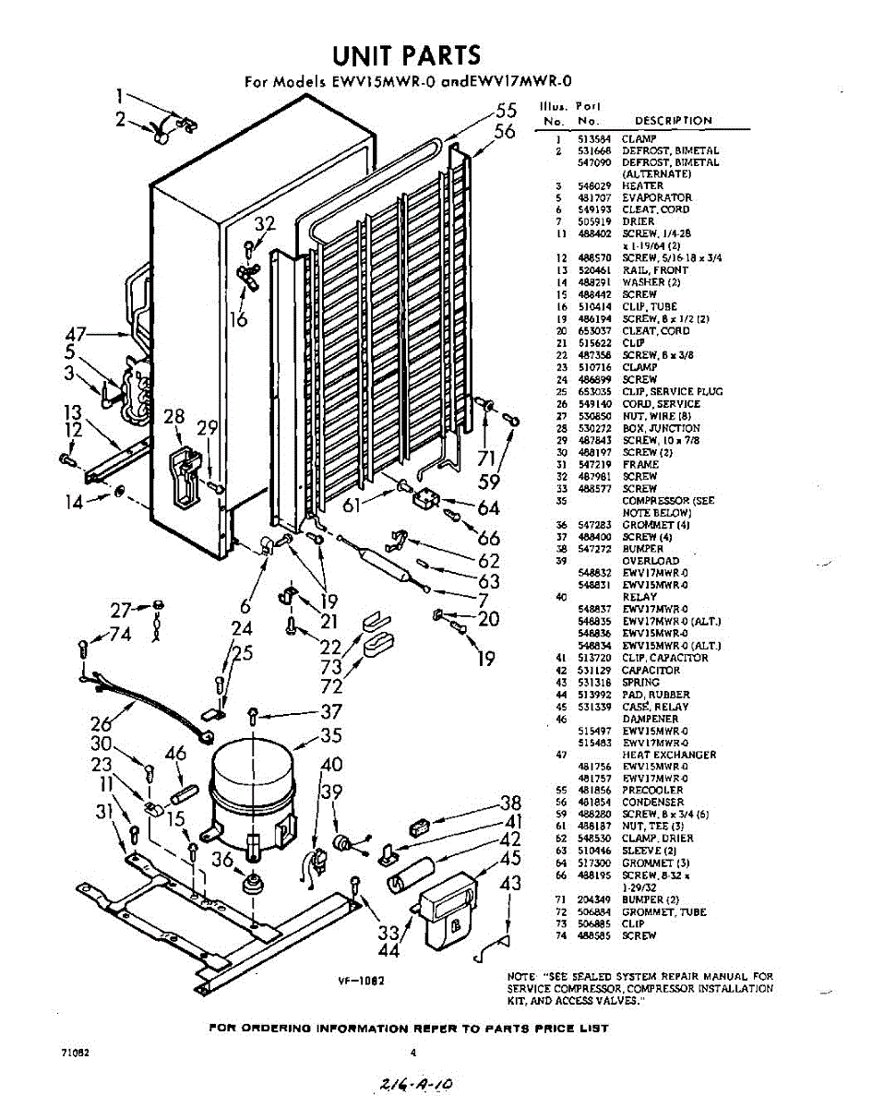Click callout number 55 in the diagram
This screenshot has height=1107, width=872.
point(505,110)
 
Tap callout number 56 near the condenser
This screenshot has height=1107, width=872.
point(504,132)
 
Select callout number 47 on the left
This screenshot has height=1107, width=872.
point(80,334)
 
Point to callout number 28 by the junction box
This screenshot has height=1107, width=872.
point(173,417)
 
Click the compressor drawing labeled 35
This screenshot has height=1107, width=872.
point(252,785)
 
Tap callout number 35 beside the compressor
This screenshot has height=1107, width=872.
point(330,735)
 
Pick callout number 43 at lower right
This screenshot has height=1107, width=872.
point(509,884)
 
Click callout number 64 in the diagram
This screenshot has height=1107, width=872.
point(488,508)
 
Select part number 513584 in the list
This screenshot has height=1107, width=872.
point(590,138)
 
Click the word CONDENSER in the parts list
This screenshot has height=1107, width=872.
point(652,803)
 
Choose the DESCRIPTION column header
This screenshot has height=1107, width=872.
point(673,121)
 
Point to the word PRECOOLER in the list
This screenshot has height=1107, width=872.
point(652,791)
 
